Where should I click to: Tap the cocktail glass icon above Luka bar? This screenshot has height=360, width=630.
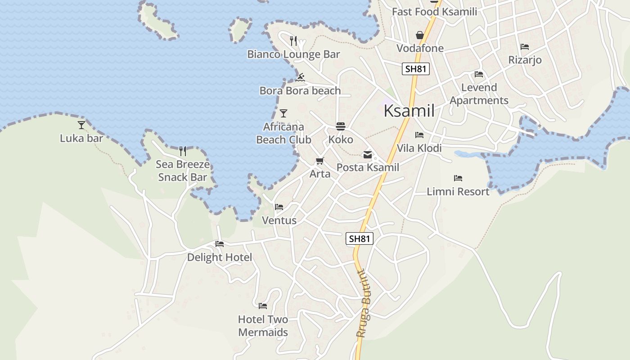tap(81, 125)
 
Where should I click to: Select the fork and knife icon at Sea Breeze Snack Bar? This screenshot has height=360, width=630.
tap(183, 151)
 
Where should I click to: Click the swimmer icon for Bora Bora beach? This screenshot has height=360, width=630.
tap(301, 77)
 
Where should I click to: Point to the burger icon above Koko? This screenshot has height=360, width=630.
tap(341, 126)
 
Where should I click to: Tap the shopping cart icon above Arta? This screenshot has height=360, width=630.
tap(320, 161)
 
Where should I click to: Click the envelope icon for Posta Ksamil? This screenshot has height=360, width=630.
tap(368, 155)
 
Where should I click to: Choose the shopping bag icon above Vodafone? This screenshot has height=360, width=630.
tap(420, 35)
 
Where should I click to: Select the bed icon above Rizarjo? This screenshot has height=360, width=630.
tap(525, 47)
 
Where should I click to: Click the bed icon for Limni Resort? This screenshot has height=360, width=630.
tap(458, 178)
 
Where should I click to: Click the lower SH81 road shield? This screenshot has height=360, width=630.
tap(360, 238)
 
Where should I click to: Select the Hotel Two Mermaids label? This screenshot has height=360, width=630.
tap(263, 326)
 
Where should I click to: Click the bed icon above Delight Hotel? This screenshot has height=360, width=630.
tap(220, 244)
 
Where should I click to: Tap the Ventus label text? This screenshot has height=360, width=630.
tap(279, 220)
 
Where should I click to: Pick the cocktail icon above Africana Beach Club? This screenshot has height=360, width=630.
tap(283, 113)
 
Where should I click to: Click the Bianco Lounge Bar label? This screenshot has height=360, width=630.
tap(293, 54)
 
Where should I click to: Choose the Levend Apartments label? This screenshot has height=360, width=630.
tap(479, 94)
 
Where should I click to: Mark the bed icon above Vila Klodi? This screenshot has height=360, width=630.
tap(419, 135)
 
